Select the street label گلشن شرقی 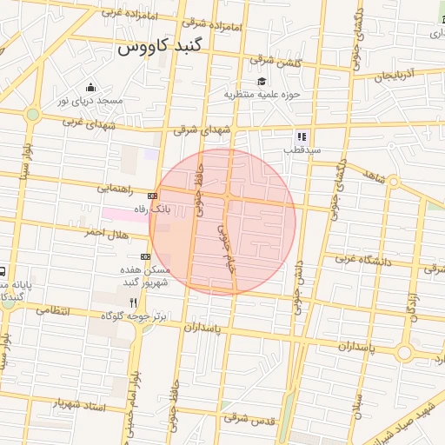coord(275,60)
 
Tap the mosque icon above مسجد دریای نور coord(90,87)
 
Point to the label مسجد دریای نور coord(90,101)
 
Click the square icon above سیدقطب coord(302,136)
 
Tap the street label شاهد coord(375,176)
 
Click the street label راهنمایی coord(116,187)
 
